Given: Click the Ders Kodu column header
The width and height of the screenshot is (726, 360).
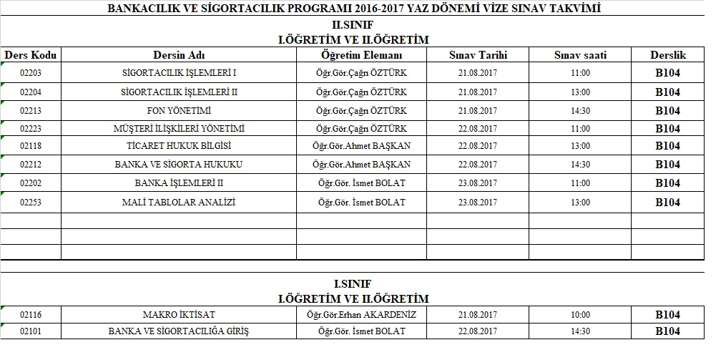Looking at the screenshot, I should [x=31, y=55].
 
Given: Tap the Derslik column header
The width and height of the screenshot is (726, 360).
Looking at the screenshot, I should [x=667, y=55].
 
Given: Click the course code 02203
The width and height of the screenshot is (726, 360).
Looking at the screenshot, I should [x=31, y=73].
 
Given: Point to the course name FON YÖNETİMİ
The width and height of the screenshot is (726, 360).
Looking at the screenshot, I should [x=179, y=111].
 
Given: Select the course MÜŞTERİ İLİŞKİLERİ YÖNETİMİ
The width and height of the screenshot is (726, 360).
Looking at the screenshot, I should [x=179, y=129].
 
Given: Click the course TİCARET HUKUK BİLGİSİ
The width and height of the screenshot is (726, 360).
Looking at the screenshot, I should [x=179, y=146].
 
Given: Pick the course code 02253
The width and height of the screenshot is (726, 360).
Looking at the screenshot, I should [x=31, y=203].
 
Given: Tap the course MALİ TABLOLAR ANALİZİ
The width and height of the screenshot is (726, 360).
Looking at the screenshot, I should [x=179, y=203].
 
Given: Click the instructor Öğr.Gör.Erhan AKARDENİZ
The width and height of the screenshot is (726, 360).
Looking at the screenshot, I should [x=361, y=315].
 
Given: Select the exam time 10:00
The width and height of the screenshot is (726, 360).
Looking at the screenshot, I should [x=581, y=315].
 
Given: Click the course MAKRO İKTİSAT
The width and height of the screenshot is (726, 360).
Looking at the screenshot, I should [x=179, y=315].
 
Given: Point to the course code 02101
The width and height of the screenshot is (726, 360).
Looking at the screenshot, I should [x=31, y=331].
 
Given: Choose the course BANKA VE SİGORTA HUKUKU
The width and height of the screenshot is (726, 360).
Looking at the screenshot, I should [x=179, y=165].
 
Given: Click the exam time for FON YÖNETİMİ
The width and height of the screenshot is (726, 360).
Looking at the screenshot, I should [x=581, y=111].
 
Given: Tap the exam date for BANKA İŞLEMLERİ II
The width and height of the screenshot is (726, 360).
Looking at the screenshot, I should [x=477, y=183].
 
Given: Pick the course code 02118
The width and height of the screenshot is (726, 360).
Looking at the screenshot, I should [x=31, y=146].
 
